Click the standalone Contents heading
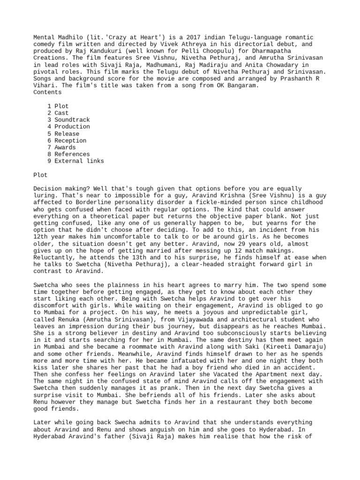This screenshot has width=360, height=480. [47, 92]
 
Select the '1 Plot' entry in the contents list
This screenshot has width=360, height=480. [58, 106]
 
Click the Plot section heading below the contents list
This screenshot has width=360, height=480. [40, 175]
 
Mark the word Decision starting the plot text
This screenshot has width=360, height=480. [47, 188]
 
